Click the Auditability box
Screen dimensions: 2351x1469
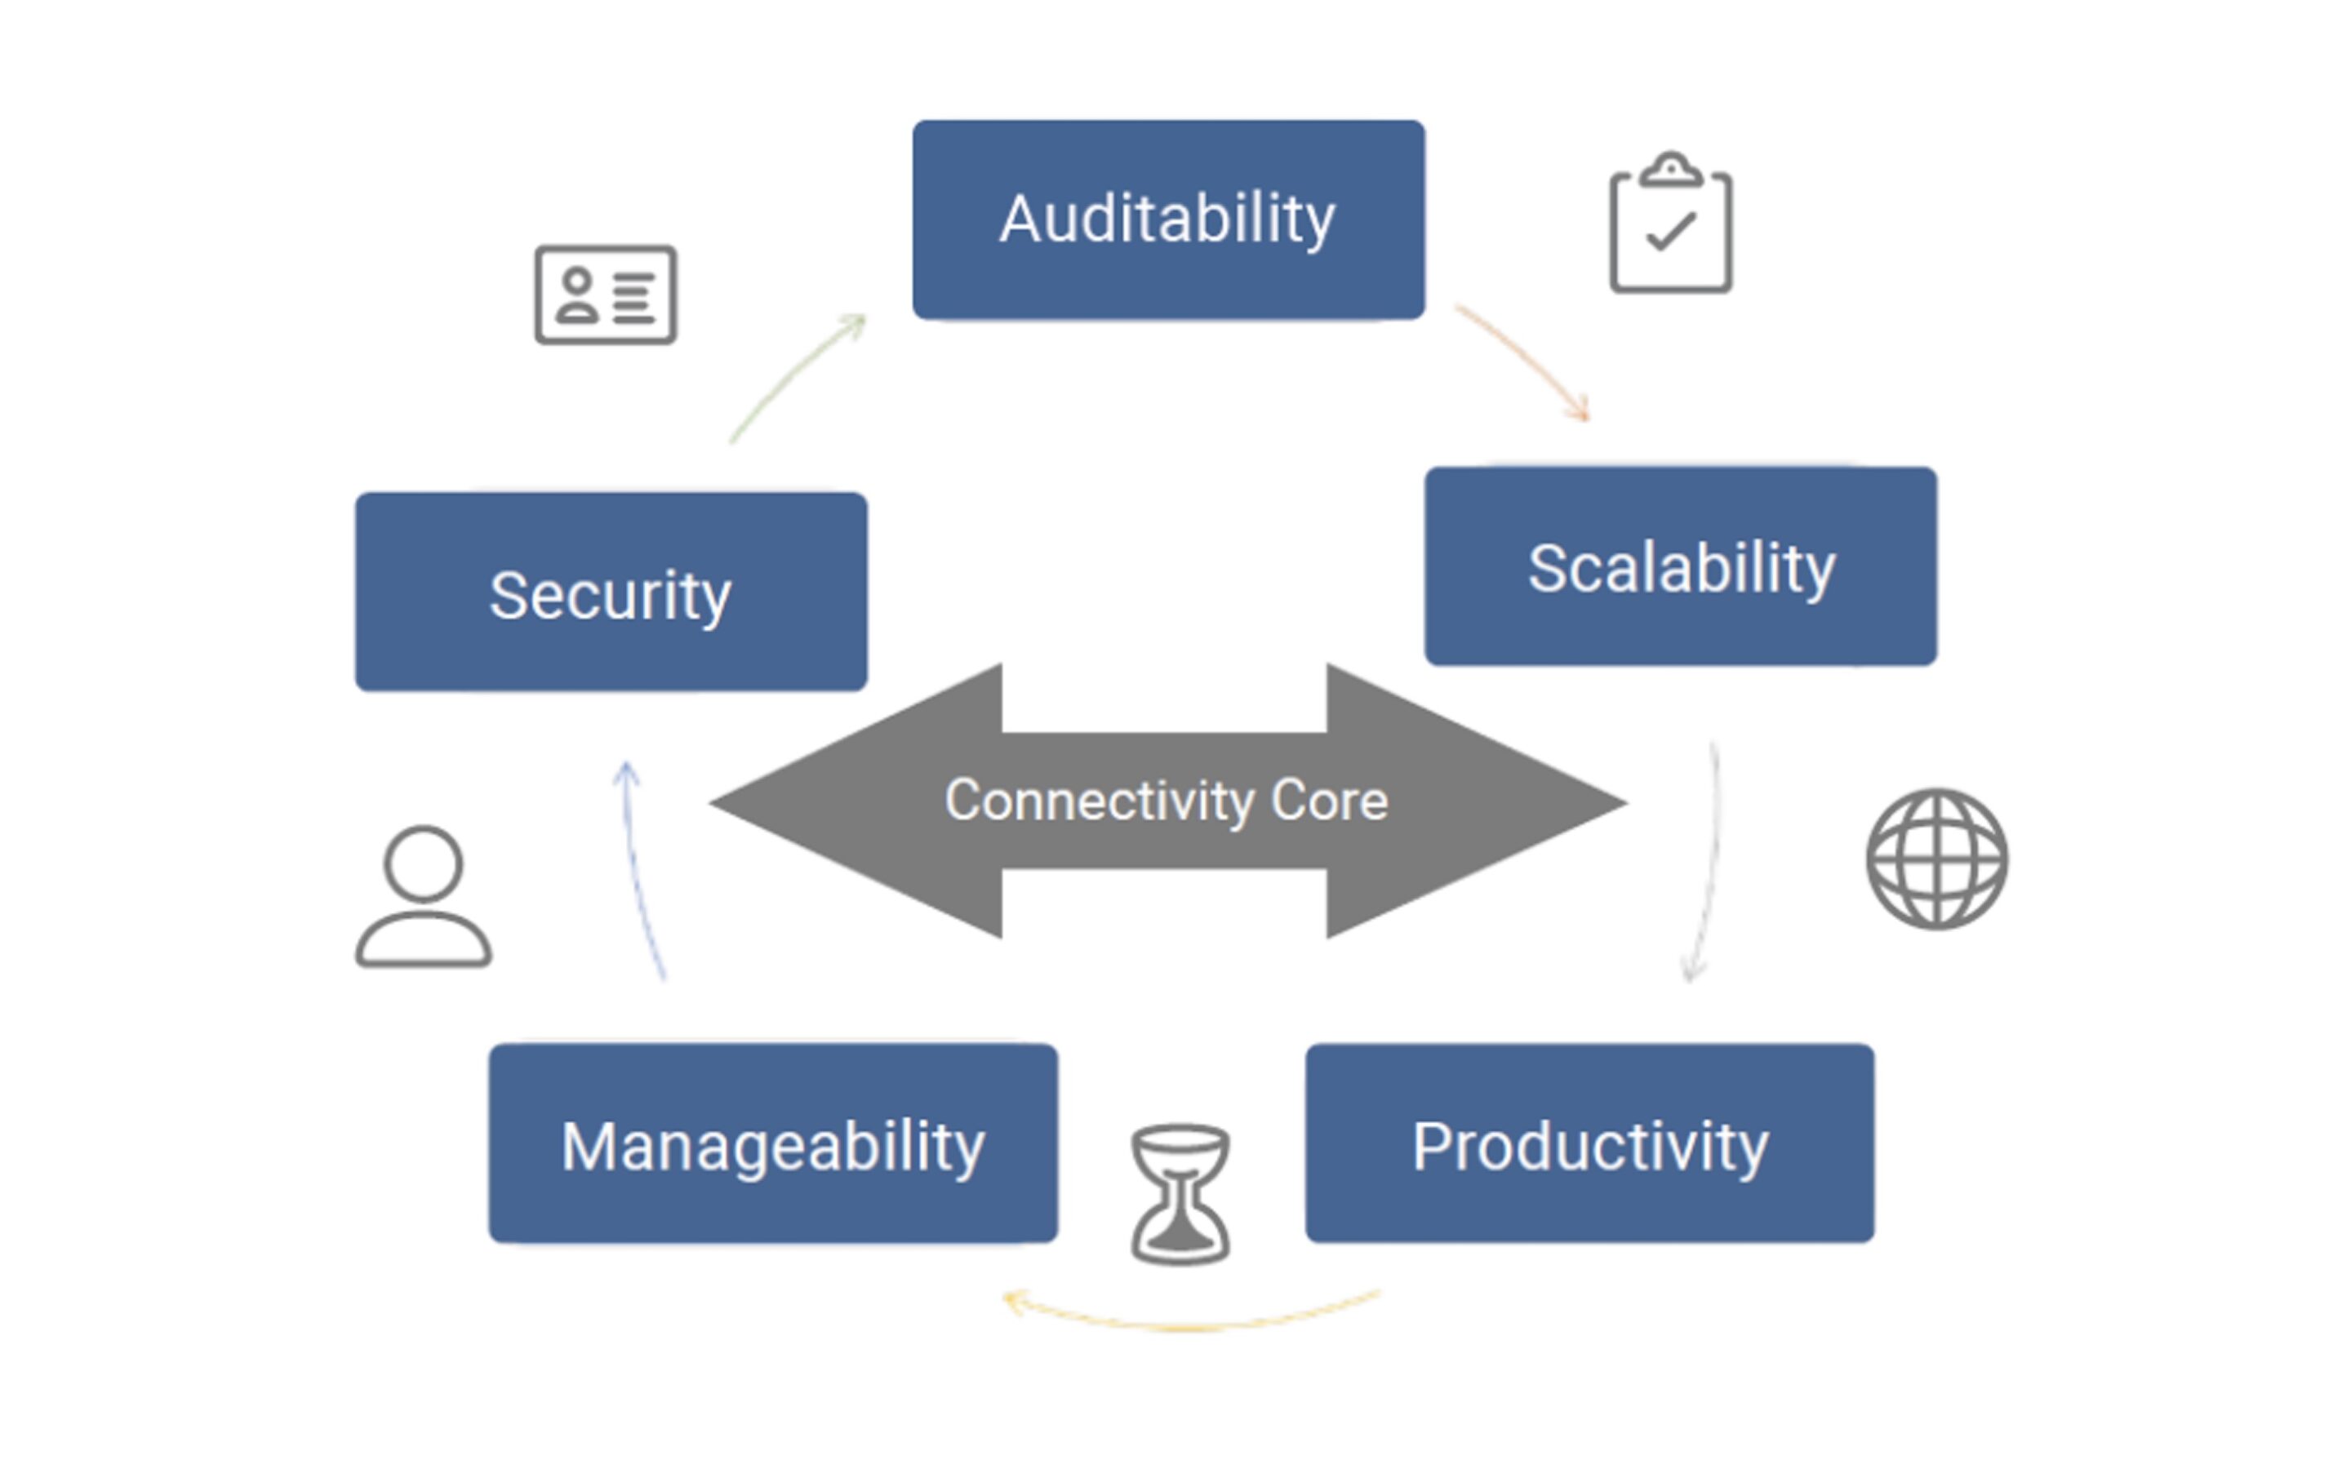[1169, 220]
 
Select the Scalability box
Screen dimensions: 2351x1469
[1681, 566]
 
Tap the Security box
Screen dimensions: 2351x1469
[611, 592]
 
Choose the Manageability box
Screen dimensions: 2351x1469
[773, 1143]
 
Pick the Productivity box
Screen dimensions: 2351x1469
[1590, 1143]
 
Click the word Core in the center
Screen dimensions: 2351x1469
[1330, 801]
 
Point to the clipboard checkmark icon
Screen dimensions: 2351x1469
[1671, 223]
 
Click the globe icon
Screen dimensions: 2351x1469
[1937, 859]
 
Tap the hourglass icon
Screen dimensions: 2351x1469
[1180, 1194]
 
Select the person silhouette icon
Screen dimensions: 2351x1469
[424, 897]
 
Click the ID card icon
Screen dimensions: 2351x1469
[607, 295]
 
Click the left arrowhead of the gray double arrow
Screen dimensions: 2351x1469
[855, 801]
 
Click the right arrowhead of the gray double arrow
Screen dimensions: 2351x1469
[1477, 801]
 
